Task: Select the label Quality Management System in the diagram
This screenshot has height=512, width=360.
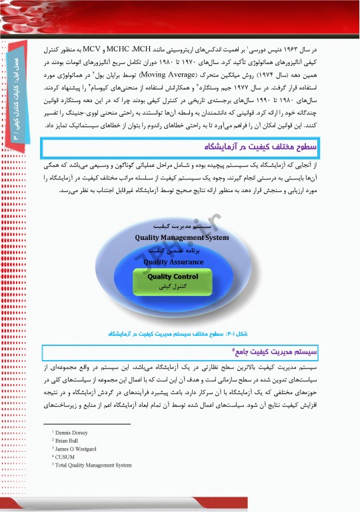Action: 181,237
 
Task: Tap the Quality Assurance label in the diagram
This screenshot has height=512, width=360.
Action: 174,262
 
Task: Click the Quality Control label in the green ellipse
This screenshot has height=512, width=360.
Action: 173,276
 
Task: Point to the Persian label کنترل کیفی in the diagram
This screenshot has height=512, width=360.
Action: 173,286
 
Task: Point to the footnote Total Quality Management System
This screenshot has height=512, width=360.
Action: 93,465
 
